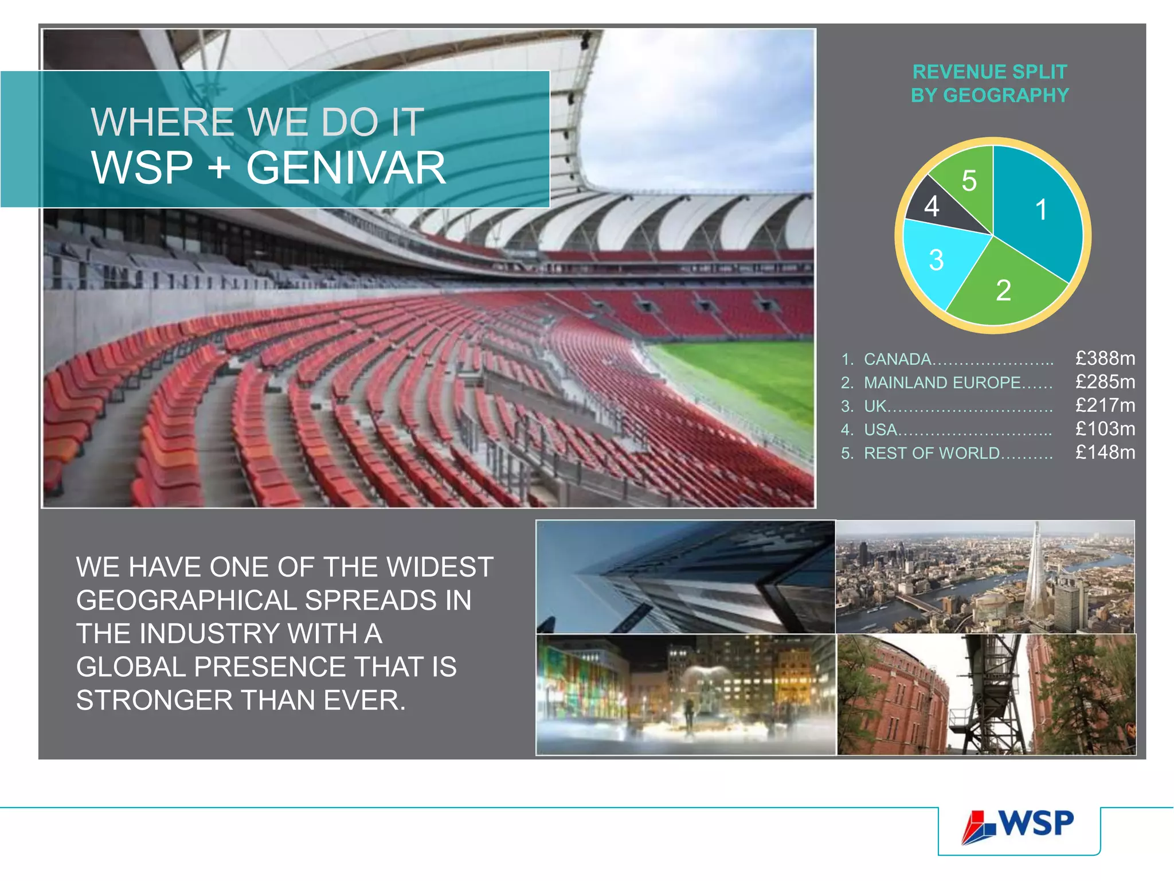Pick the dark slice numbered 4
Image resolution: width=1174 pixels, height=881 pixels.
tap(932, 206)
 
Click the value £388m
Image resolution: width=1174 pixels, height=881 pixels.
tap(1105, 358)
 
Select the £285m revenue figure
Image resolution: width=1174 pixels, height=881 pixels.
tap(1105, 382)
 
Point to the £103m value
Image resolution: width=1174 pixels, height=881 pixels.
tap(1105, 429)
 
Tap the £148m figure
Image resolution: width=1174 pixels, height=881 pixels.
tap(1105, 453)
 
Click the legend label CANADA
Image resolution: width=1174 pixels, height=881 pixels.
tap(898, 360)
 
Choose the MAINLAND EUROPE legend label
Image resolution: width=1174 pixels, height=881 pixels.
tap(942, 383)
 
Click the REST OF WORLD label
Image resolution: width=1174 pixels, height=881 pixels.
tap(932, 454)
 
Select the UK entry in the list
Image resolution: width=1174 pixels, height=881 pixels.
tap(875, 407)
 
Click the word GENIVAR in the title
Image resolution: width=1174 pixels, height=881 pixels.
tap(346, 168)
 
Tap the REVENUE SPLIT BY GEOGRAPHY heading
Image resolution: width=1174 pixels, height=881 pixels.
tap(990, 84)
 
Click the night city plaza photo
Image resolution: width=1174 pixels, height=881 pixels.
tap(686, 695)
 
